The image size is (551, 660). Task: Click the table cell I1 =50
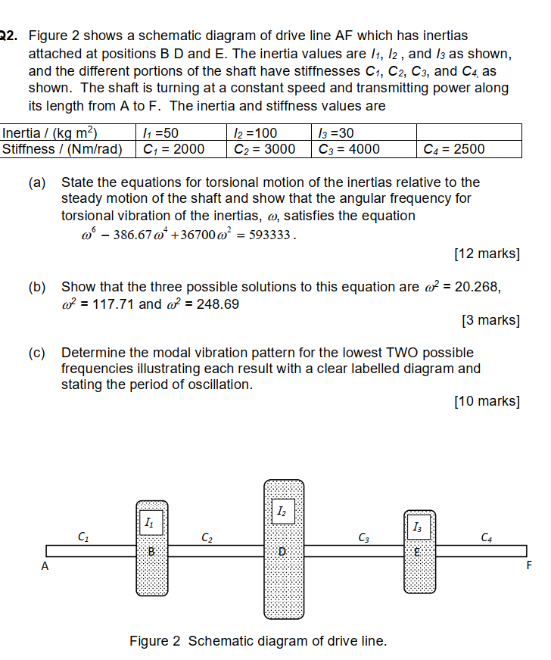[x=160, y=133]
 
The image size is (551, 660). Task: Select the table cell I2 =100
[x=254, y=133]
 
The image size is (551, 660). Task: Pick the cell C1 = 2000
[x=174, y=149]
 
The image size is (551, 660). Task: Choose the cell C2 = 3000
[x=265, y=149]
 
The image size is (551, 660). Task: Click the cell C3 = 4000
[x=349, y=149]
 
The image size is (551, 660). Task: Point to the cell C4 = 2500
[x=454, y=149]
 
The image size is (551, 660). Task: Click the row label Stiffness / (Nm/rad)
[x=62, y=149]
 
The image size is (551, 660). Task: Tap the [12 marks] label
[x=487, y=254]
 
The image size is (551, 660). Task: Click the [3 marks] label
[x=490, y=320]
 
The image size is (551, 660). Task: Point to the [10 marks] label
[x=487, y=401]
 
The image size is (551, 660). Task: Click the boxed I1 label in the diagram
[x=150, y=522]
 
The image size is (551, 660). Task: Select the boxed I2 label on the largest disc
[x=282, y=512]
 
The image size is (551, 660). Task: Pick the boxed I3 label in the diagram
[x=419, y=526]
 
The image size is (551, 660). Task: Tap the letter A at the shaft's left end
[x=45, y=565]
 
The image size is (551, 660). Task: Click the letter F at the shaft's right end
[x=528, y=565]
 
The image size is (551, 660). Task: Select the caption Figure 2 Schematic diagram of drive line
[x=258, y=641]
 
